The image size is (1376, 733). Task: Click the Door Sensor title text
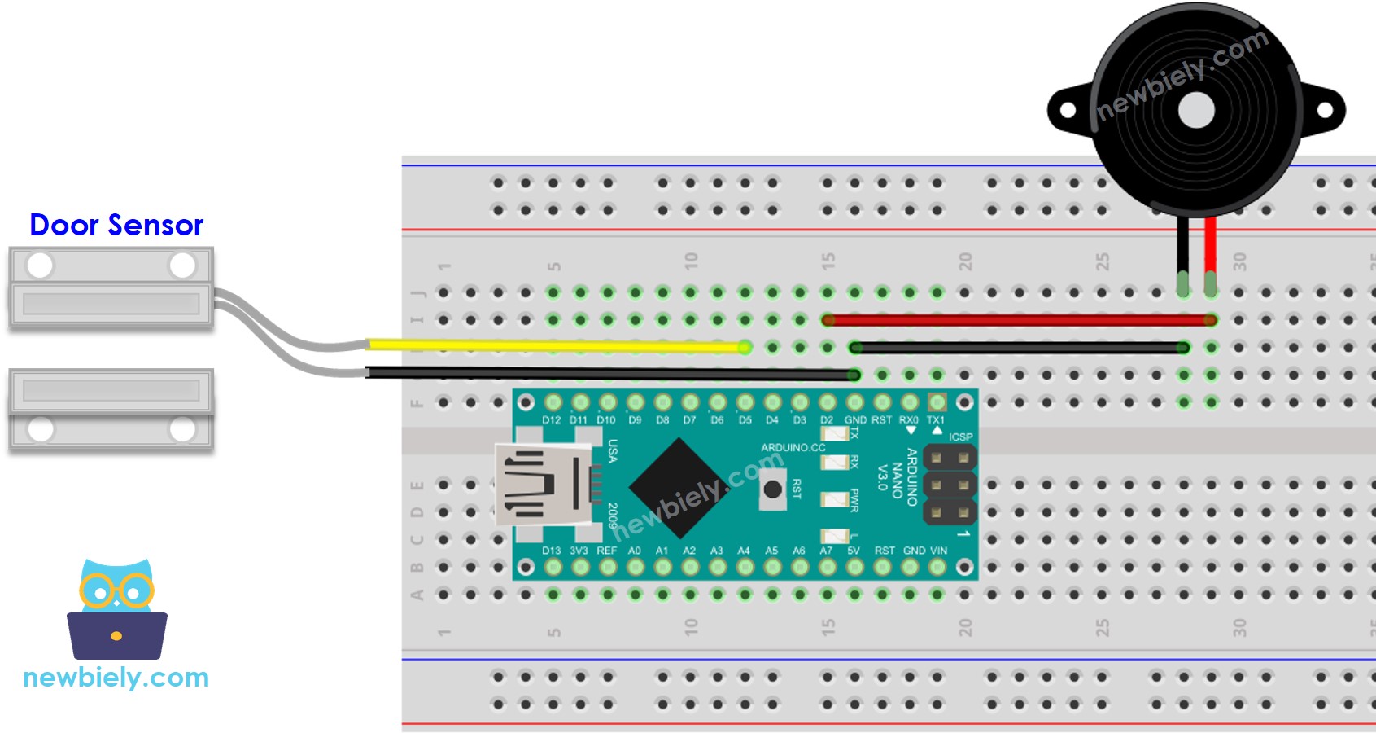(x=116, y=225)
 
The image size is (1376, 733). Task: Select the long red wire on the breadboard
(x=1017, y=320)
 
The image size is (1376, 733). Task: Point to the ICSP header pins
(x=950, y=485)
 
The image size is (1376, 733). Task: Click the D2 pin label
(x=827, y=420)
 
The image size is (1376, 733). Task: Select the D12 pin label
(x=552, y=420)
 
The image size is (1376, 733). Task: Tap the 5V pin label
(x=854, y=551)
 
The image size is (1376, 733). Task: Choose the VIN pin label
(x=938, y=551)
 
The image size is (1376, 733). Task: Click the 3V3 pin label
(x=579, y=551)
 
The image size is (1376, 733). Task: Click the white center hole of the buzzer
(x=1196, y=110)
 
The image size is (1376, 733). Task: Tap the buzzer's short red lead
(x=1211, y=244)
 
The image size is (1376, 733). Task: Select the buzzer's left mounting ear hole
(x=1068, y=110)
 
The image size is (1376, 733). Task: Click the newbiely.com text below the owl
(x=116, y=678)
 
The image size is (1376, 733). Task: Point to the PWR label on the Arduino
(x=854, y=500)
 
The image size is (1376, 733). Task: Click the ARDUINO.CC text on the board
(x=793, y=448)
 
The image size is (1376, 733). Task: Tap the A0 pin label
(x=635, y=551)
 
